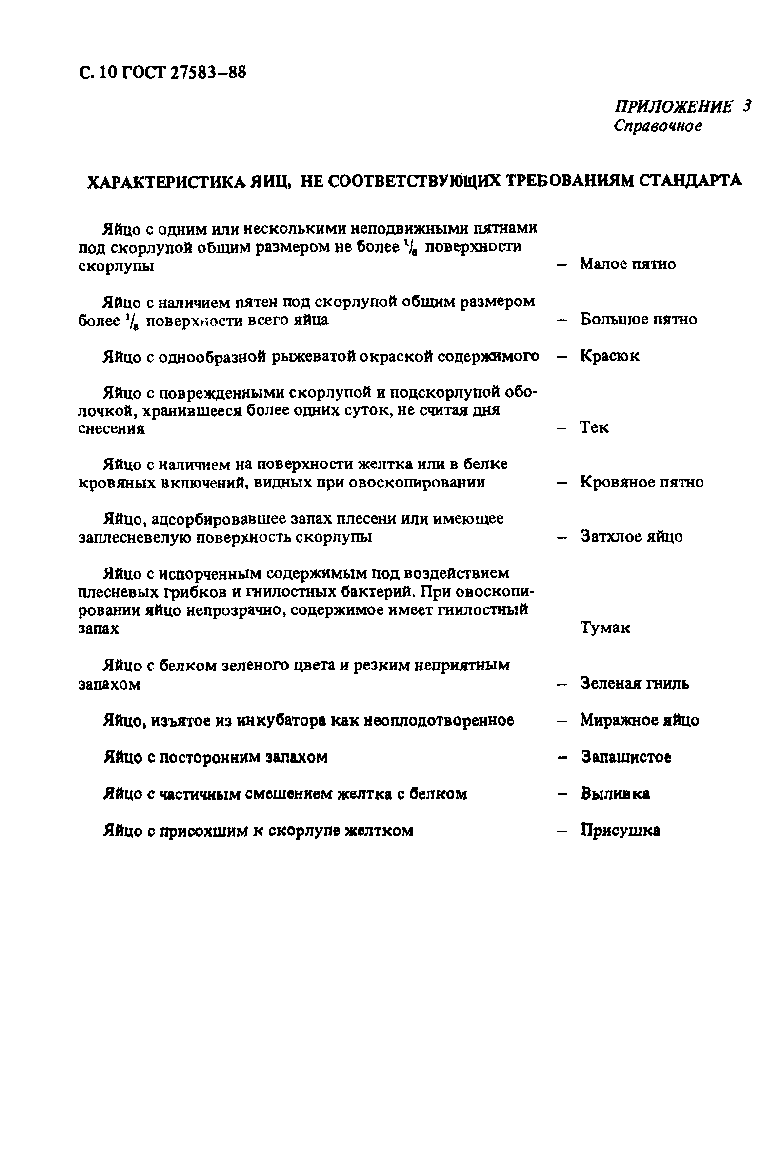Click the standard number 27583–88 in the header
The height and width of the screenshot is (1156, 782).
click(208, 73)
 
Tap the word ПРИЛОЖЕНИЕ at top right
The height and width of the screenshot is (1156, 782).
click(673, 106)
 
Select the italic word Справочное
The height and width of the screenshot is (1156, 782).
click(657, 126)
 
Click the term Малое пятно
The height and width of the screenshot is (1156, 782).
click(627, 264)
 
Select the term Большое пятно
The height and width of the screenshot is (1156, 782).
click(638, 319)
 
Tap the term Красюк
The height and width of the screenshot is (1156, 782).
click(609, 356)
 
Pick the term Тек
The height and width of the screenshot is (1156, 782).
click(594, 427)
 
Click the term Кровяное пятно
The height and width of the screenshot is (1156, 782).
click(642, 482)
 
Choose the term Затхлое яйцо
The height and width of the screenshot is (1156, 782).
click(631, 537)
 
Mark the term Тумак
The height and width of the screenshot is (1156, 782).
click(605, 628)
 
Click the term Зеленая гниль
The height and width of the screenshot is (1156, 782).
click(634, 684)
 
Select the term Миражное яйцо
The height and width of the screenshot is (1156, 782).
click(640, 720)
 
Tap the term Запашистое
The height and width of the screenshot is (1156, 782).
click(626, 757)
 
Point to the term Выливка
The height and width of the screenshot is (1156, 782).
click(615, 793)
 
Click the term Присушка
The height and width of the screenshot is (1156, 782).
click(620, 830)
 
